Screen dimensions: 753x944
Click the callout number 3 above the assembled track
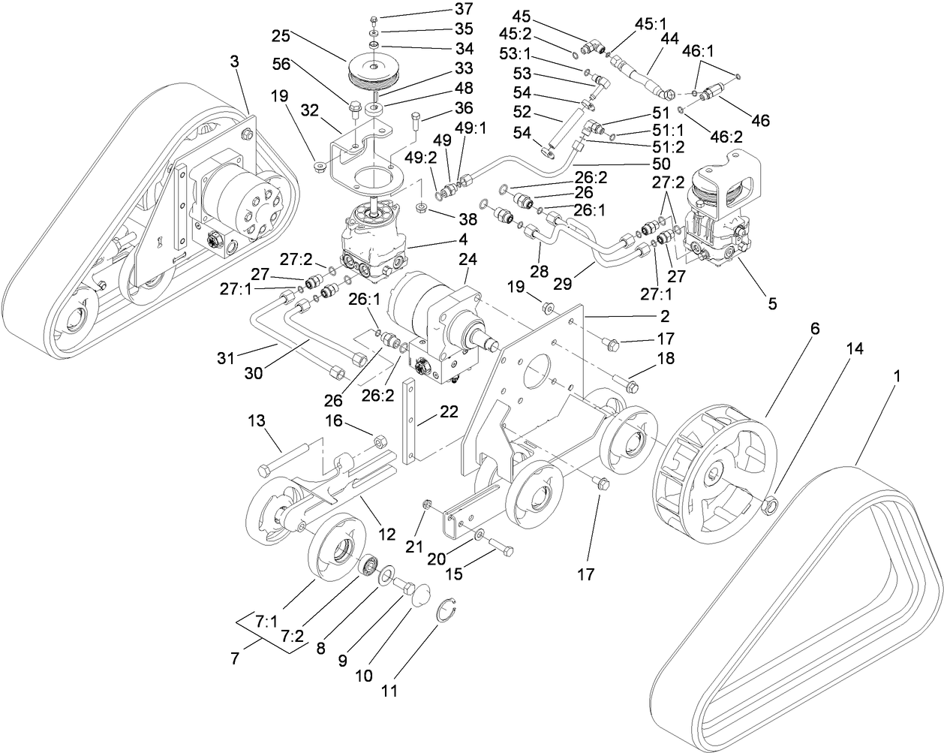coord(235,62)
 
